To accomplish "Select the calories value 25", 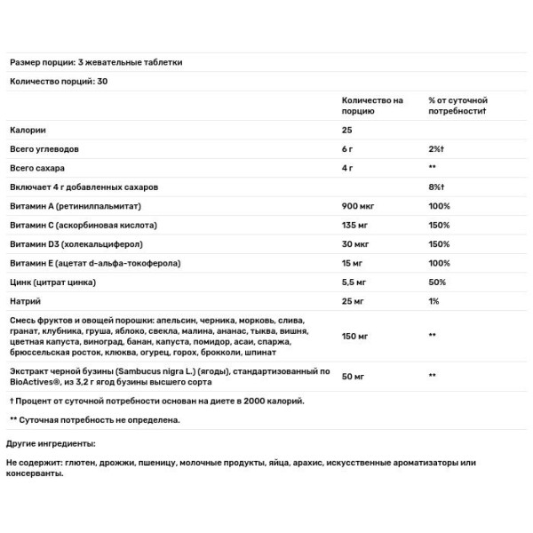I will pos(347,130).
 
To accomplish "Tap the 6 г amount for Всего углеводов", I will pos(347,148).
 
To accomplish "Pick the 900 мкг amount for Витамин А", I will pos(358,206).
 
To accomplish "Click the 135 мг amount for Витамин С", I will pos(356,225).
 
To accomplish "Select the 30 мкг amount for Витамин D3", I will pos(355,244).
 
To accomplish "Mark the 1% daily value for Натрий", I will pos(434,302).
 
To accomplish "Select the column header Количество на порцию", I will pos(372,106).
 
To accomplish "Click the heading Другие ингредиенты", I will pos(51,442).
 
